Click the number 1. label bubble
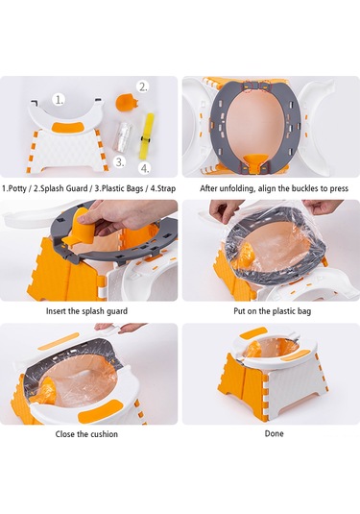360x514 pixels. (x=59, y=100)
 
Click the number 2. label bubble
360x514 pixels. (x=143, y=86)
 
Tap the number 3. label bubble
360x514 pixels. (x=120, y=162)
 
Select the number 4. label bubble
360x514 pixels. (x=145, y=168)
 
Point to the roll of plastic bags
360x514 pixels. (x=123, y=136)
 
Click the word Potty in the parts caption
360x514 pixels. (x=17, y=188)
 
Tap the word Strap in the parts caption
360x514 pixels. (x=166, y=188)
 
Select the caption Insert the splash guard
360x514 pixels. (x=86, y=310)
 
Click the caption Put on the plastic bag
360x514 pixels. (x=273, y=310)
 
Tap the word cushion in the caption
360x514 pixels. (x=105, y=434)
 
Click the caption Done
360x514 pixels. (x=275, y=433)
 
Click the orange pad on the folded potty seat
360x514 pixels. (x=71, y=126)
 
